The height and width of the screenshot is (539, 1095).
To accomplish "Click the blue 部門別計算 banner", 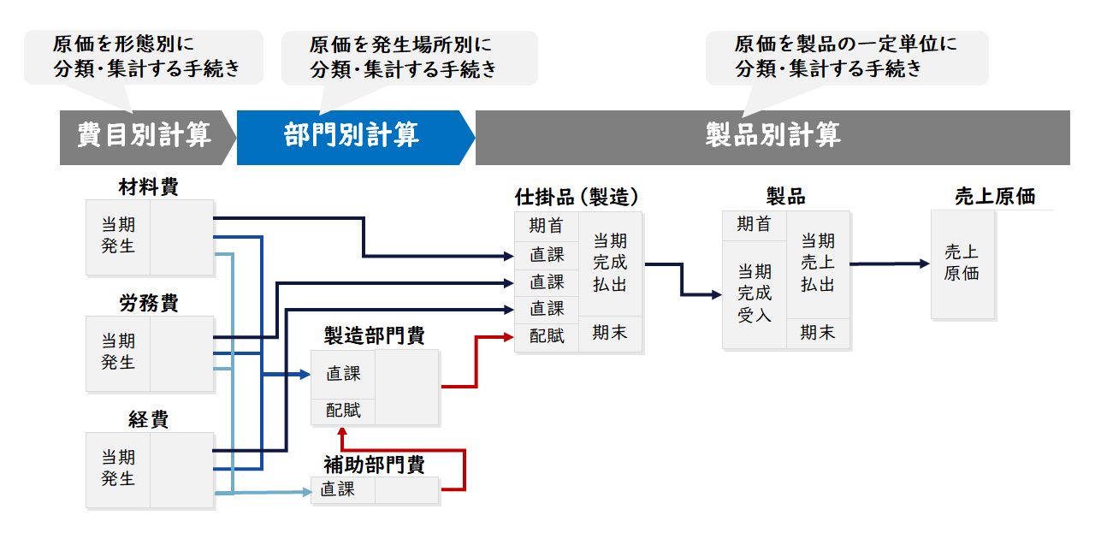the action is pos(355,138).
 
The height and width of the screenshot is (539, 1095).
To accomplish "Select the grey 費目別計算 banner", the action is pos(146,138).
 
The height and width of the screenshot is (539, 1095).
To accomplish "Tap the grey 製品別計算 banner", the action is pos(772,138).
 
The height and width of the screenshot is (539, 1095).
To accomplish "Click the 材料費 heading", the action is pos(149,187).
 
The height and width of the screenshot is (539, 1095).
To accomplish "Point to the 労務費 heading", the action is pos(149,303).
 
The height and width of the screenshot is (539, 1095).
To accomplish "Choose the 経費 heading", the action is pos(149,420).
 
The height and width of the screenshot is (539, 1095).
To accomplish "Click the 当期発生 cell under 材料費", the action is pos(118,237).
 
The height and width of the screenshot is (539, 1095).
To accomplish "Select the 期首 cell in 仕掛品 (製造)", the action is pos(547,226).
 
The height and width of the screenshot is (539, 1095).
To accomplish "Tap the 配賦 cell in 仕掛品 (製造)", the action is pos(547,336).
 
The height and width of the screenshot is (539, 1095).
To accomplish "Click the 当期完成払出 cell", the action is pos(610,264).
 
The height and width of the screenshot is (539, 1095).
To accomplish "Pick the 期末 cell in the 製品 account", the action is pos(817,333).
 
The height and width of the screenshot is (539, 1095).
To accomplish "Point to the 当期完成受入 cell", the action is pos(755,293).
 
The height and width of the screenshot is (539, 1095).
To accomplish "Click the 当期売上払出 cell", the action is pos(817,264).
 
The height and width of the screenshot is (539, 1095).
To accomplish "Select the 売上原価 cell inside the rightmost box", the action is pos(962,264).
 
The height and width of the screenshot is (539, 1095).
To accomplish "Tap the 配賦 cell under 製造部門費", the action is pos(343,411).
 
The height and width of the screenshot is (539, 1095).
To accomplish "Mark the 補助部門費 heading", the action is pos(375,465).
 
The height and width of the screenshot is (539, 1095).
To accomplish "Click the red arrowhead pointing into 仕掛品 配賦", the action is pos(509,337).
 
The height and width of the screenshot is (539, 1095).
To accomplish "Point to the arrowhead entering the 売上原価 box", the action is pos(925,264).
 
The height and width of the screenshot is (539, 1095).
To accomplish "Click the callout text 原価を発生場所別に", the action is pos(400,45).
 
